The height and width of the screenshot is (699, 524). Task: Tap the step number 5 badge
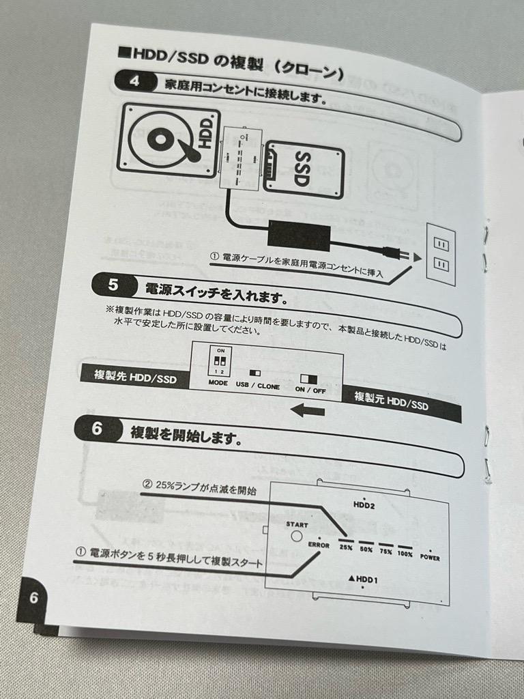click(x=113, y=283)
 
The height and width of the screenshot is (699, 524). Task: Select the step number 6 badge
click(x=97, y=429)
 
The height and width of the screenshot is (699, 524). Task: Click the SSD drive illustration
click(x=304, y=169)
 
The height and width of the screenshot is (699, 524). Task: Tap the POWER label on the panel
click(x=430, y=557)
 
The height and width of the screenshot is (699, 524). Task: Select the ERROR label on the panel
click(x=319, y=545)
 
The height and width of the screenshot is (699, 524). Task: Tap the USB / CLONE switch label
click(x=258, y=386)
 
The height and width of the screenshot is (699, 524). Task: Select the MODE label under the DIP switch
click(x=218, y=384)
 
